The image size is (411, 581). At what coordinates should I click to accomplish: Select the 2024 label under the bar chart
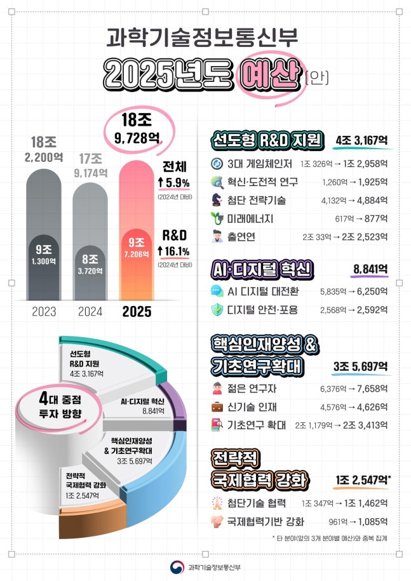pos(90,311)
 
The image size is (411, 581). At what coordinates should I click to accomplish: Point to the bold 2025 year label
pos(137,311)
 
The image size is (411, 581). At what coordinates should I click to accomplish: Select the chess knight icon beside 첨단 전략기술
pos(217,201)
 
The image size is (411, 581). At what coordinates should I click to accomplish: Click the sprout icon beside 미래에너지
pos(217,219)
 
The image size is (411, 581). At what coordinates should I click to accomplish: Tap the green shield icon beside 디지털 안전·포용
pos(217,310)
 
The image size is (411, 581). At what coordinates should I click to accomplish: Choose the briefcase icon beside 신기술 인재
pos(217,406)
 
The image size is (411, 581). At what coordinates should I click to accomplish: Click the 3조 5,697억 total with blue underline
pos(361,368)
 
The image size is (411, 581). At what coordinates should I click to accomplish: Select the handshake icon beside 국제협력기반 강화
pos(217,522)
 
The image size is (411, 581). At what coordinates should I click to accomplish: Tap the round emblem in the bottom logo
pos(177,567)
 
